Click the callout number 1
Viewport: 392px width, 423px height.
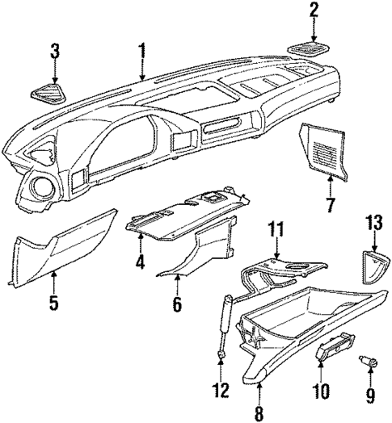coord(142,54)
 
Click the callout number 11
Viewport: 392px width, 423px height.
coord(275,231)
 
